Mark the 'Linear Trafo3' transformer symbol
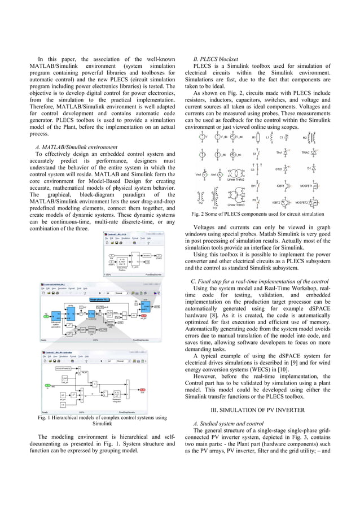pos(236,198)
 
